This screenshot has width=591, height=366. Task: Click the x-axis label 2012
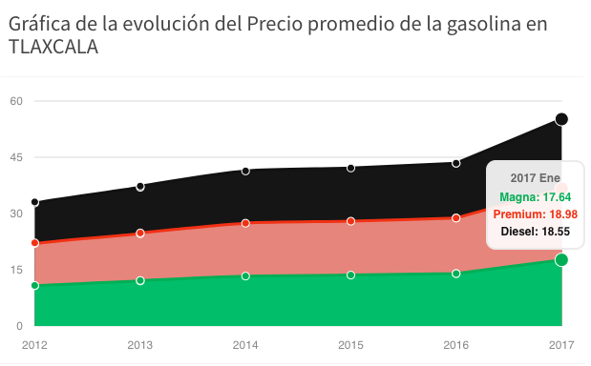pyautogui.click(x=34, y=344)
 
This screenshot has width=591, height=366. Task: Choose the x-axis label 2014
pyautogui.click(x=245, y=344)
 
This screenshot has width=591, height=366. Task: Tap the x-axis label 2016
pyautogui.click(x=456, y=344)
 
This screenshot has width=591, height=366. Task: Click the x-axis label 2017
pyautogui.click(x=561, y=344)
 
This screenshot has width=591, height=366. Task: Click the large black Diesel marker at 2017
pyautogui.click(x=561, y=119)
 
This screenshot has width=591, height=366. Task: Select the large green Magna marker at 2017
pyautogui.click(x=561, y=259)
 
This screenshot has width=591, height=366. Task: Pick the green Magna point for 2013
pyautogui.click(x=140, y=280)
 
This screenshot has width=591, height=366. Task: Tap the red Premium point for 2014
pyautogui.click(x=245, y=223)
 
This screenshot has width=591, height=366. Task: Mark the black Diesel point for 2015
pyautogui.click(x=351, y=168)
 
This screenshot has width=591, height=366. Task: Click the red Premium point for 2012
pyautogui.click(x=35, y=243)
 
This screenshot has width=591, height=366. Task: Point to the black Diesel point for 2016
pyautogui.click(x=456, y=163)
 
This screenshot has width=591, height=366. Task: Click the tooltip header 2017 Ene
pyautogui.click(x=535, y=179)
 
